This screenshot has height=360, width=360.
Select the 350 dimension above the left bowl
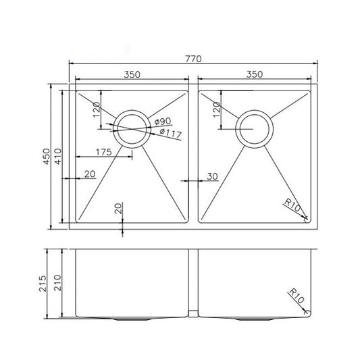pos(131,74)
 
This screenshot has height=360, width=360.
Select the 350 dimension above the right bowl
pos(254,74)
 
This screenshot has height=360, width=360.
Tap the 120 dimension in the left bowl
pos(97,110)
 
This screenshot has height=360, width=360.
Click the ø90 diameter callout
pos(162,121)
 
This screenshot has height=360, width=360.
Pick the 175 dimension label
pos(103,151)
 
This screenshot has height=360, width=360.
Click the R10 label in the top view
pos(292,205)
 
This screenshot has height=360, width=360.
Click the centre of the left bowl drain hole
pos(130,128)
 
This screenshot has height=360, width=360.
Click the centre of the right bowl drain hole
pos(254,127)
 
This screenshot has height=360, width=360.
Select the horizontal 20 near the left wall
pos(90,175)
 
